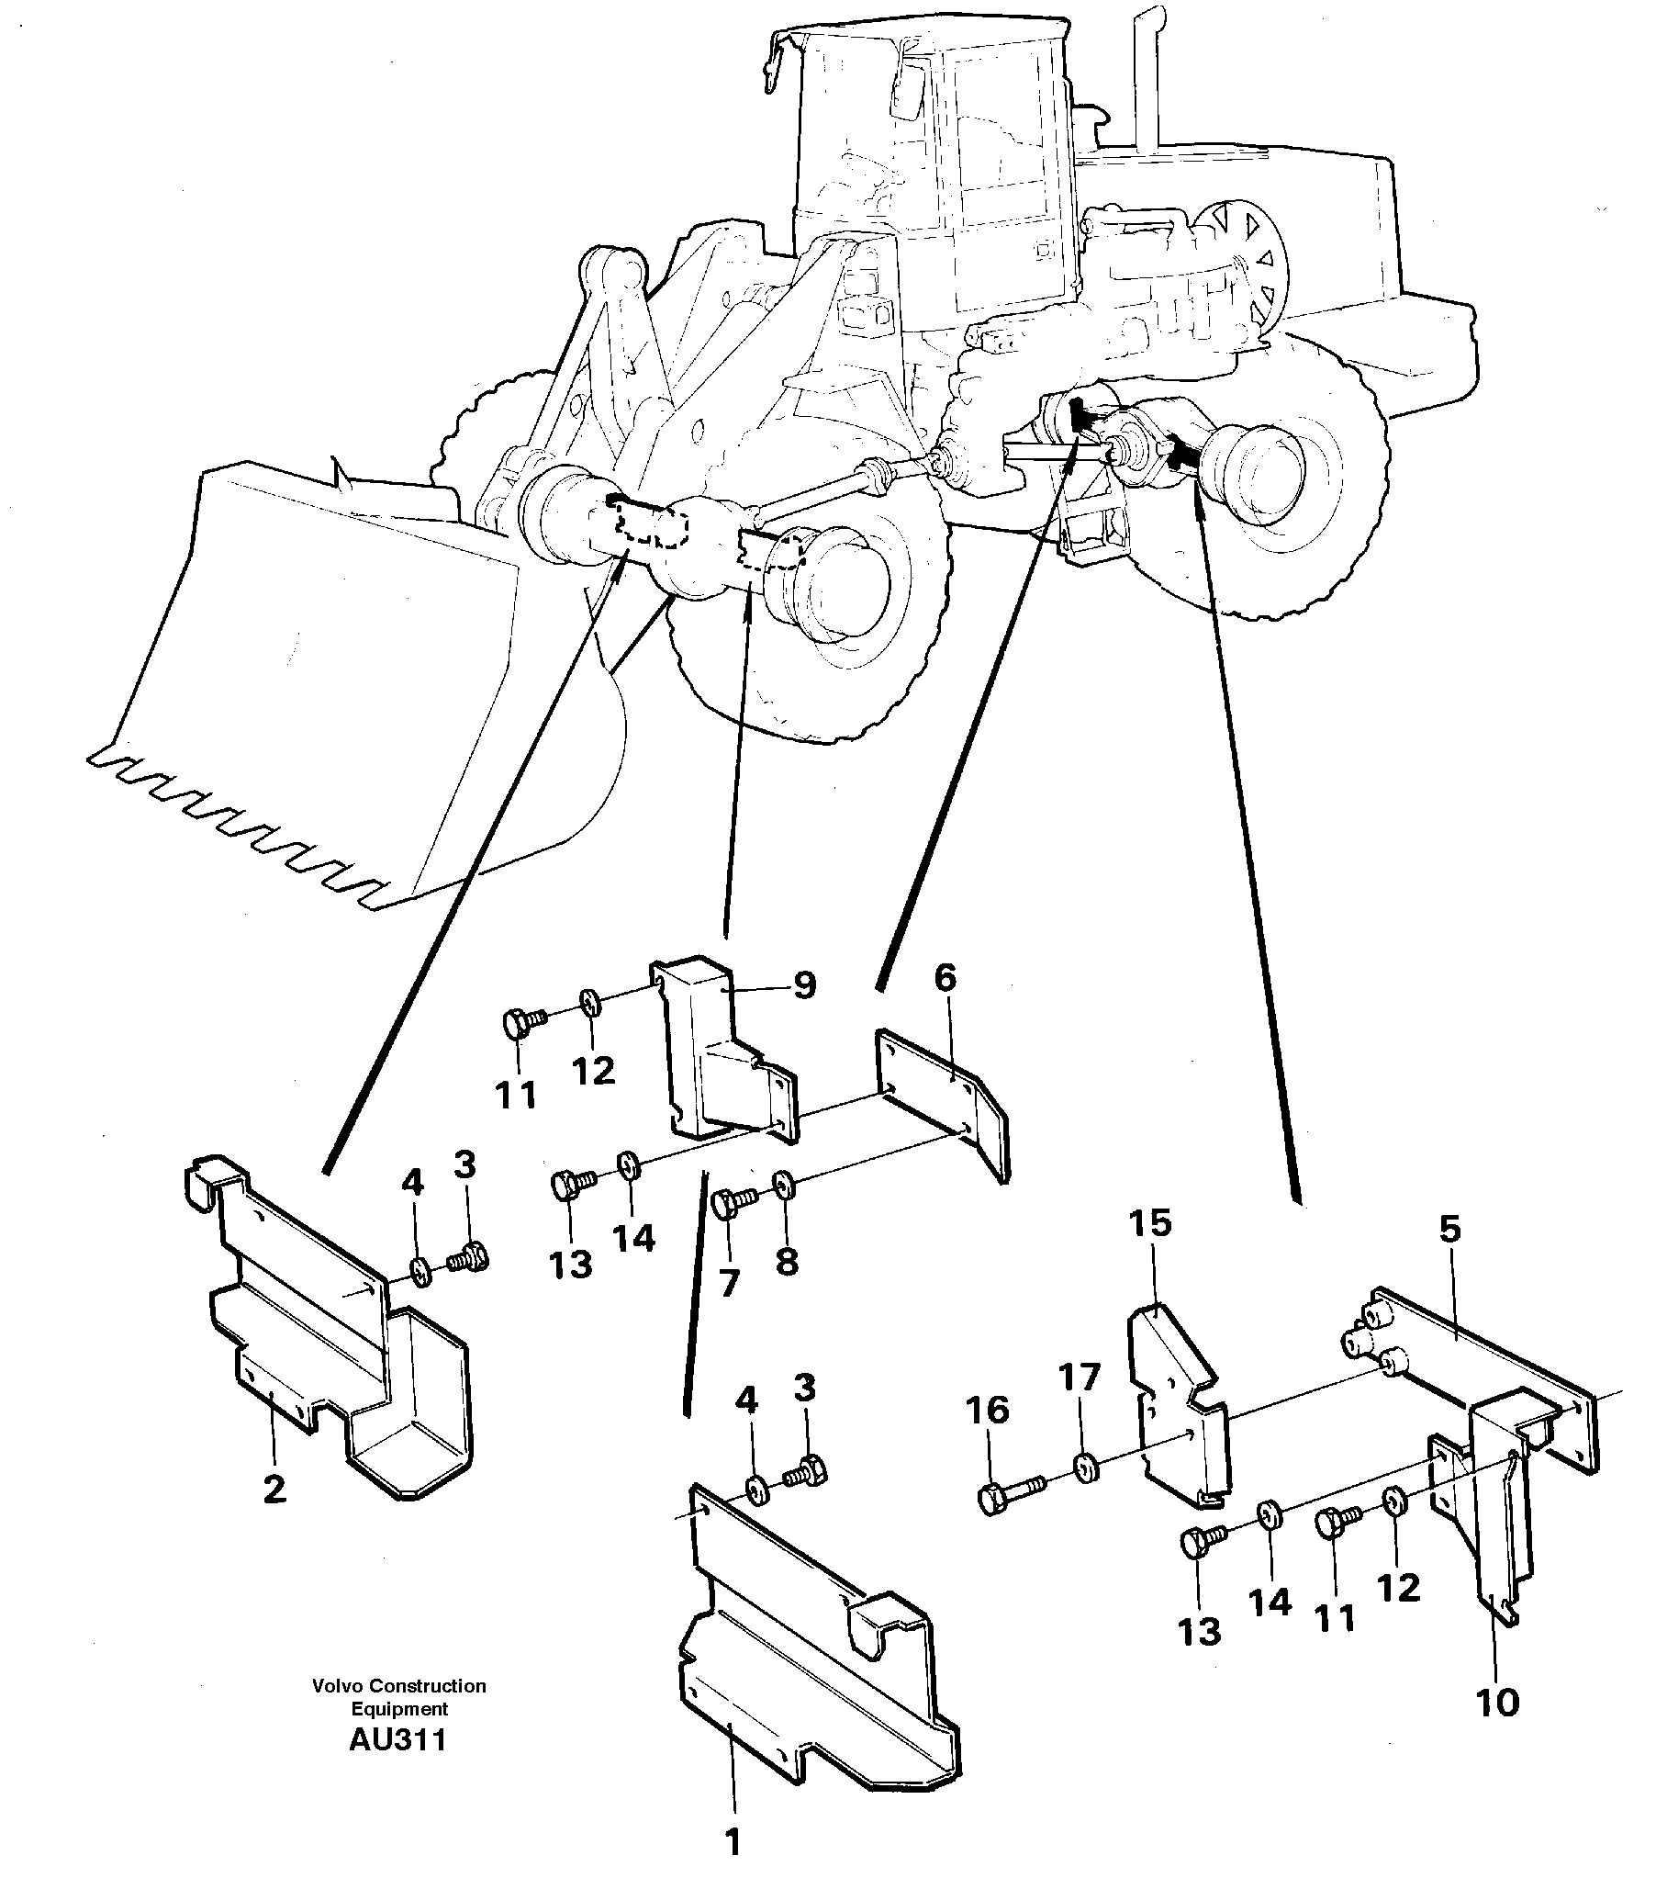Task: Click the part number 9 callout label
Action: pyautogui.click(x=803, y=986)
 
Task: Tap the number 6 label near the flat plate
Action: pyautogui.click(x=945, y=979)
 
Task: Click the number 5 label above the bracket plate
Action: pyautogui.click(x=1449, y=1230)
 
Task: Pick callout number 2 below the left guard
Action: pyautogui.click(x=274, y=1490)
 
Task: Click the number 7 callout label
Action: pyautogui.click(x=728, y=1283)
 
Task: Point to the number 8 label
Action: pyautogui.click(x=787, y=1262)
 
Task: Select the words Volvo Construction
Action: pyautogui.click(x=398, y=1686)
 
